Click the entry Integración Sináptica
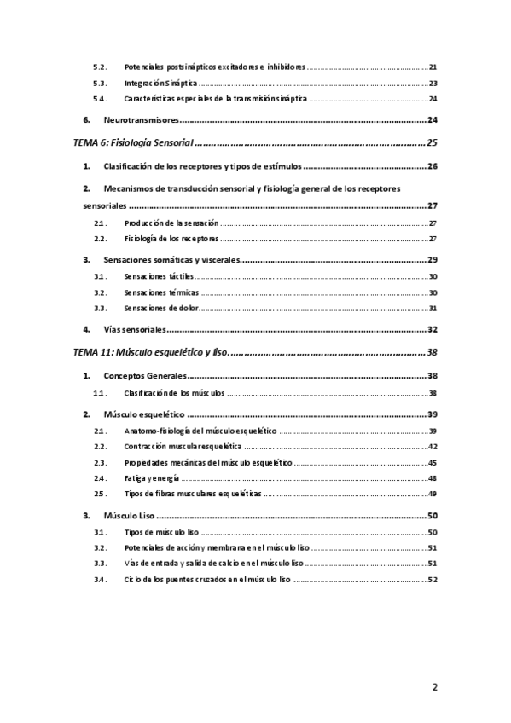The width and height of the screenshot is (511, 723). click(x=160, y=84)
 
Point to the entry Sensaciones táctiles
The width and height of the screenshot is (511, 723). click(x=159, y=276)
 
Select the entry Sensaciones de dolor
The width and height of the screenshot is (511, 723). click(x=160, y=308)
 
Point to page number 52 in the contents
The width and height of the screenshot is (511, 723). click(x=433, y=580)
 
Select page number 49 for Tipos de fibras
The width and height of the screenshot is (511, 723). click(x=433, y=494)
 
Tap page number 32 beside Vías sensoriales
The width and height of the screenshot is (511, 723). click(x=432, y=329)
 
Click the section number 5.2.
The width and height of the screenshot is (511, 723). click(x=98, y=67)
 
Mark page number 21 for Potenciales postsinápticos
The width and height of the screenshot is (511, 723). click(x=433, y=67)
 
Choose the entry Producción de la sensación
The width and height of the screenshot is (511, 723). click(x=171, y=223)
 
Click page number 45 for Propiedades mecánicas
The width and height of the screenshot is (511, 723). click(x=433, y=462)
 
